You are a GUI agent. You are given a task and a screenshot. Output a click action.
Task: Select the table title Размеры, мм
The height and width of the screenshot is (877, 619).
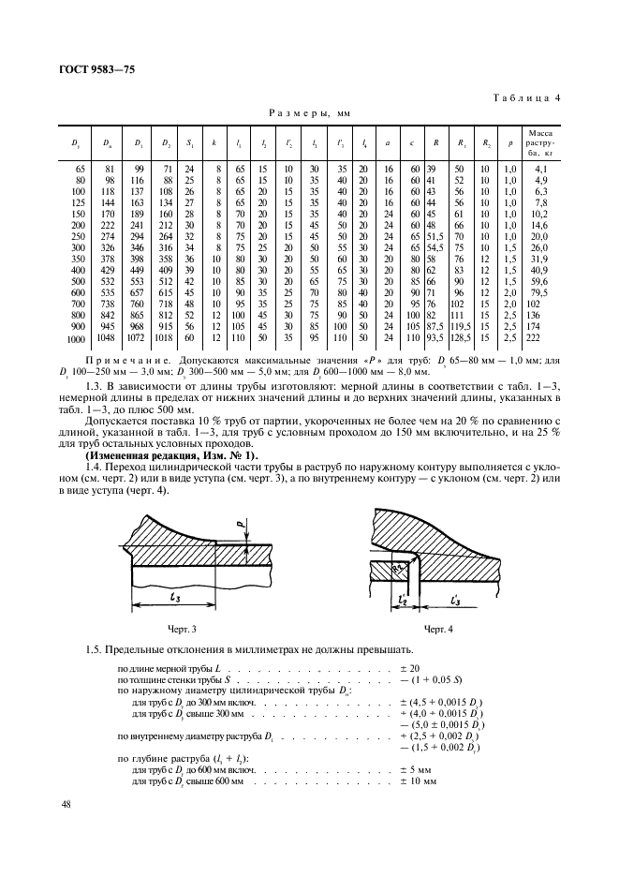click(x=309, y=111)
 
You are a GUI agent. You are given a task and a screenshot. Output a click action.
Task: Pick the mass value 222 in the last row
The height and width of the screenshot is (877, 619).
click(x=539, y=337)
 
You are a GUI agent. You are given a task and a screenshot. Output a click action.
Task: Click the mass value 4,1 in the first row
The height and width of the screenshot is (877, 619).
click(x=540, y=169)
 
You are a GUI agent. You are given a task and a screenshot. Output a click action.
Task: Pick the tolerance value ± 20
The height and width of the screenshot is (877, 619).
click(x=408, y=667)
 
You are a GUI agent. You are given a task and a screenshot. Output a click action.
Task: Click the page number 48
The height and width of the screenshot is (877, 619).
click(x=66, y=804)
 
